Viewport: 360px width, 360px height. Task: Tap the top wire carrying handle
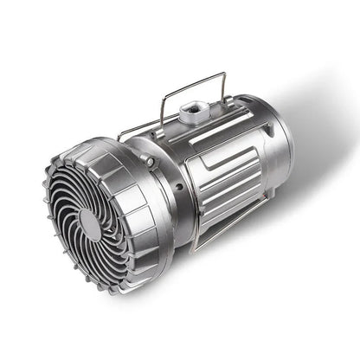pos(192,87)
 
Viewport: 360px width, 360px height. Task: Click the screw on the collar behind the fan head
pos(151,162)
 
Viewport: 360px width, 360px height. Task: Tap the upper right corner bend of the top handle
pos(224,75)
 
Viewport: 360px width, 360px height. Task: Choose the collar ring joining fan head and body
pos(169,195)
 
